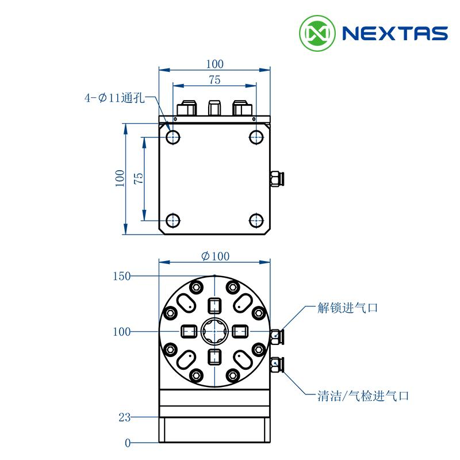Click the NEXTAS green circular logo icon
point(317,33)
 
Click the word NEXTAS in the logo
point(395,33)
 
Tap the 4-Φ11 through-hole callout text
point(114,98)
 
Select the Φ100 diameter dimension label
point(215,256)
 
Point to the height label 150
point(121,276)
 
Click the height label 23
point(124,417)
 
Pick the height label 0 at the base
point(127,443)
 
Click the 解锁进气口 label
point(348,308)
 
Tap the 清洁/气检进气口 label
point(363,396)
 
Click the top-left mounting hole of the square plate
point(173,137)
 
